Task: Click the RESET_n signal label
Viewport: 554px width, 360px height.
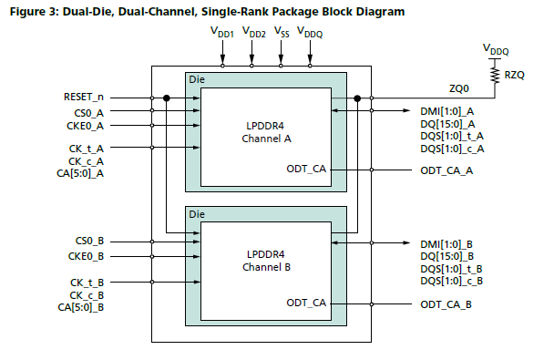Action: pos(84,97)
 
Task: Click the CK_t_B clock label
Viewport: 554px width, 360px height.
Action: pos(87,283)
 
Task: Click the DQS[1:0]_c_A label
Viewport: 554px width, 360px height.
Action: pos(452,149)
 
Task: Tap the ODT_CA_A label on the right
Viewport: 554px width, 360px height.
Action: pos(446,170)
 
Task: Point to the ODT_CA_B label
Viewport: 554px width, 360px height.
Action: pos(446,303)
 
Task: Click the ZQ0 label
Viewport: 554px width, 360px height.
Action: pos(460,89)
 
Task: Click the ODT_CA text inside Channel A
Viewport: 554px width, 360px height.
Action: pos(306,170)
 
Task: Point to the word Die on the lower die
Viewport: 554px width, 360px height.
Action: pos(197,213)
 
